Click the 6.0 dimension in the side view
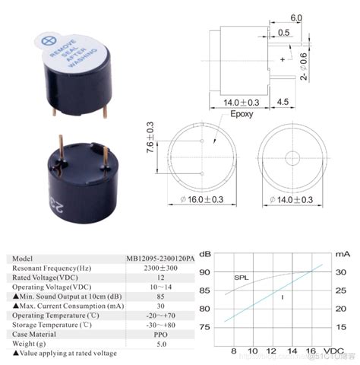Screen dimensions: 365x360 (x=296, y=17)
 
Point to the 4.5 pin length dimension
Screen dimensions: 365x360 (x=304, y=100)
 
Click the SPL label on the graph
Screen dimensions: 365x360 (x=241, y=278)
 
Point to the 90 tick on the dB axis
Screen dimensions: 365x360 (x=206, y=272)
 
